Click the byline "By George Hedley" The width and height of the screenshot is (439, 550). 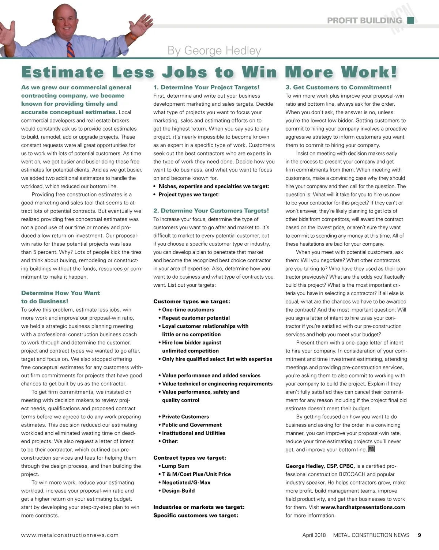[214, 50]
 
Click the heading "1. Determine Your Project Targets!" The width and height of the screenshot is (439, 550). [206, 87]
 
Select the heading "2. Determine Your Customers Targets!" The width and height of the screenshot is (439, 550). [211, 211]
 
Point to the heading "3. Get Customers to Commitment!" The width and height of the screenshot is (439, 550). [338, 87]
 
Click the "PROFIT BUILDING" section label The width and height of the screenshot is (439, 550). [364, 20]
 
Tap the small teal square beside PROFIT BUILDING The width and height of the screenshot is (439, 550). [411, 20]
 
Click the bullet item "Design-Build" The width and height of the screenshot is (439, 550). [178, 491]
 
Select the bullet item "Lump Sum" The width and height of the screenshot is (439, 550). [176, 466]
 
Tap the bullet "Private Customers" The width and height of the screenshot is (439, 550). [185, 417]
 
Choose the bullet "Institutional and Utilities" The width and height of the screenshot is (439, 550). [194, 433]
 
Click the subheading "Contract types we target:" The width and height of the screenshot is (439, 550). [190, 458]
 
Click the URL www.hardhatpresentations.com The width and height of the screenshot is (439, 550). [363, 507]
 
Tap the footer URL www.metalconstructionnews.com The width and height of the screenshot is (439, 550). [70, 535]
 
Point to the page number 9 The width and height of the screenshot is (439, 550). [419, 535]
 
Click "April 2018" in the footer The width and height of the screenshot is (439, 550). [314, 535]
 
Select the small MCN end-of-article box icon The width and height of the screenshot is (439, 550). [371, 449]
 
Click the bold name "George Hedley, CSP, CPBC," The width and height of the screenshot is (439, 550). [320, 466]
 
